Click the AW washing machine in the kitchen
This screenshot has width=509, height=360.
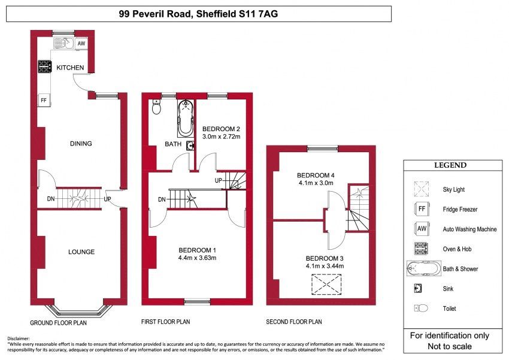(x=81, y=44)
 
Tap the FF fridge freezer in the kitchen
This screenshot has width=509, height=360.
(x=44, y=100)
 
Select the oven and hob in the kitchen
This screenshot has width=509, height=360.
(x=45, y=66)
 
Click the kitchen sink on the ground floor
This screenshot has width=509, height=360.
(x=63, y=43)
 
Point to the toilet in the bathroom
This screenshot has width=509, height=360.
(x=156, y=107)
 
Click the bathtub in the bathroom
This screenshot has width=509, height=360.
(x=186, y=119)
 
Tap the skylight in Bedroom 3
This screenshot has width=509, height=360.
(x=326, y=285)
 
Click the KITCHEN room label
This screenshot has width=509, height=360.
(x=70, y=68)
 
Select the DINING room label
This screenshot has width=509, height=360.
(x=81, y=144)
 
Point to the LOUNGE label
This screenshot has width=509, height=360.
(x=81, y=252)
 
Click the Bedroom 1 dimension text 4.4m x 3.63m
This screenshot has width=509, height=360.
(x=197, y=258)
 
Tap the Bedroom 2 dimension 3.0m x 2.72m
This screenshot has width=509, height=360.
(x=221, y=137)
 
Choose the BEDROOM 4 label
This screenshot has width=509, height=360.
(x=316, y=176)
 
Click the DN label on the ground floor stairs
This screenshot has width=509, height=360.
(x=51, y=199)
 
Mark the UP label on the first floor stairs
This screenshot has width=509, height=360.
(x=218, y=180)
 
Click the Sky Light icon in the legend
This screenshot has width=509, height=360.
(x=422, y=189)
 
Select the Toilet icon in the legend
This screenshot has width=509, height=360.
(x=421, y=308)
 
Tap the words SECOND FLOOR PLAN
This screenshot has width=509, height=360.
(x=294, y=322)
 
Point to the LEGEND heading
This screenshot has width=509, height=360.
(x=450, y=165)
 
